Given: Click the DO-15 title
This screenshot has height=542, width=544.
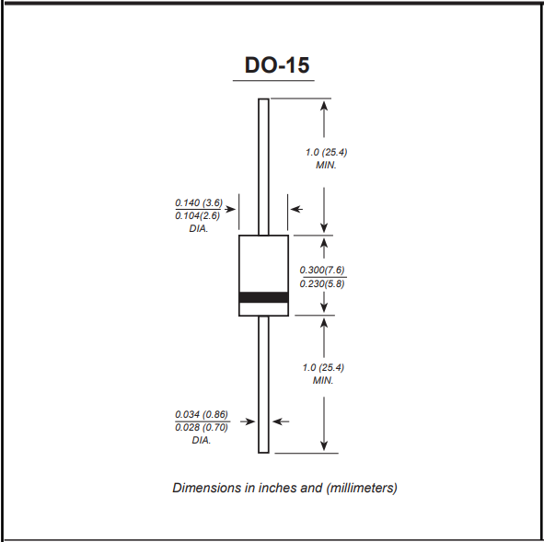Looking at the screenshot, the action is [277, 64].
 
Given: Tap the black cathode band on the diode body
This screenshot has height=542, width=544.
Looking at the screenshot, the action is [263, 297].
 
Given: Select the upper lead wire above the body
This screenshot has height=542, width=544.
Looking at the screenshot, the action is [263, 167].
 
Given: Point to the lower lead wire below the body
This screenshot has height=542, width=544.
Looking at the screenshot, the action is [263, 385].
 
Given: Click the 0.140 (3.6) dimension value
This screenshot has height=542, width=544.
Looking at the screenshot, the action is [199, 202].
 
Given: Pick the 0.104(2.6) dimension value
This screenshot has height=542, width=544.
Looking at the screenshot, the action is [197, 215].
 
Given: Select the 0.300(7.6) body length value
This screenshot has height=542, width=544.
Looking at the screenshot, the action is [322, 270].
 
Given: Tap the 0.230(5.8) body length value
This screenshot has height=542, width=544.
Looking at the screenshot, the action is [322, 283].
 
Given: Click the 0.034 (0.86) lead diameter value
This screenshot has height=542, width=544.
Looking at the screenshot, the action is [202, 414].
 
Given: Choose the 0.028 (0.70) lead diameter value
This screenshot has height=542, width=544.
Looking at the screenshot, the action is [202, 427].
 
